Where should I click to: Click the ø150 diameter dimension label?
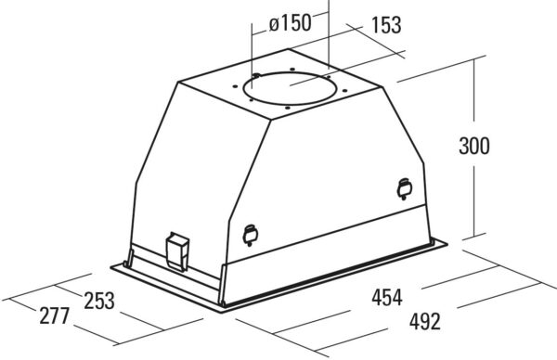291,24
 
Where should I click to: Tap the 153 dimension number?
386,25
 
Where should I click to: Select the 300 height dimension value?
474,146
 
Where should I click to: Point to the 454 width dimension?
387,297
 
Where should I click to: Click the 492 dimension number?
425,321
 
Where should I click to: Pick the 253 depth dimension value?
99,301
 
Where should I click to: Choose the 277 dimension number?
54,315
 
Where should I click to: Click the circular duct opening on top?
290,88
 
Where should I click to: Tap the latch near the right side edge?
405,188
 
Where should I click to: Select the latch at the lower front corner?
250,235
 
